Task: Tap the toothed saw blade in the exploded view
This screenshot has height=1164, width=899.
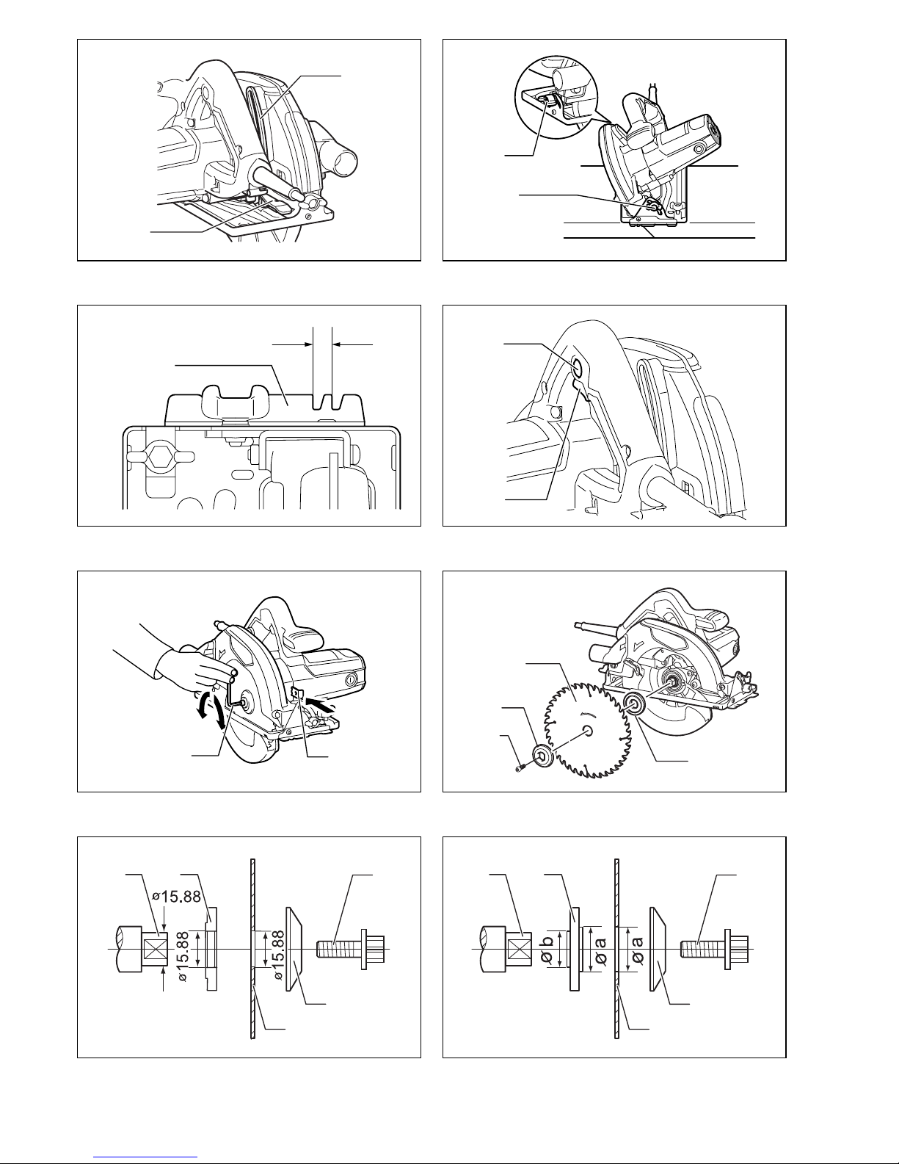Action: [x=587, y=729]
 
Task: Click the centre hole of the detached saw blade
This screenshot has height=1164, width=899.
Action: [x=589, y=729]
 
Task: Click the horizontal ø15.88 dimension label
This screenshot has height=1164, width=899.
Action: [x=176, y=896]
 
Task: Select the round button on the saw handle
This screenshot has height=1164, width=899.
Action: [x=578, y=368]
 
